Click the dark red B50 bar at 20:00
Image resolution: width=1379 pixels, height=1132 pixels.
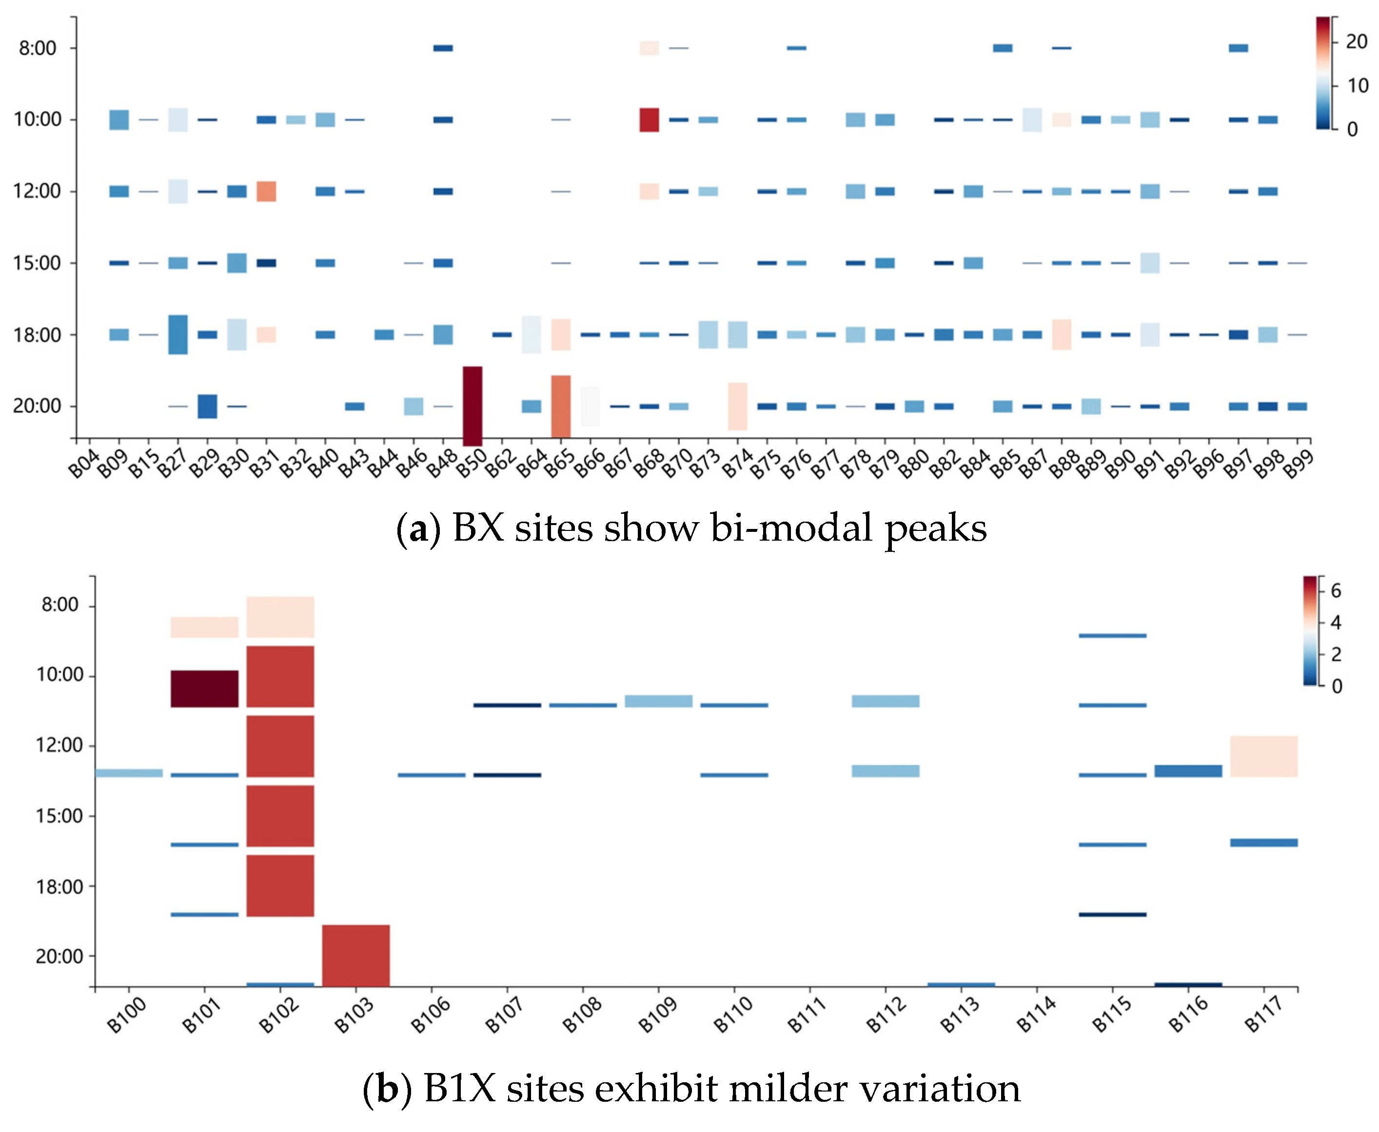point(473,406)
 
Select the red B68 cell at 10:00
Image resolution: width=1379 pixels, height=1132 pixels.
point(649,120)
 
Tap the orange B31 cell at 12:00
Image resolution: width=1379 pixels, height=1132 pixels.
point(266,191)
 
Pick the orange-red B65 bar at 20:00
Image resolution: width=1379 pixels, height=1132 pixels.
point(560,406)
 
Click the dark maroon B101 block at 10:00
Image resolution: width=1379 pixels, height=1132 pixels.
point(204,688)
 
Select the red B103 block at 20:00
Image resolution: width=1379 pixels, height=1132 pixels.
point(355,956)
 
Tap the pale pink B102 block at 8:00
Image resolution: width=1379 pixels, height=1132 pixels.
point(280,616)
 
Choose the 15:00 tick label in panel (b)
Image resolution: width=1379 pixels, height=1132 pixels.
point(59,816)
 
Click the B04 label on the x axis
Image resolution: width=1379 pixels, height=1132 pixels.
point(83,463)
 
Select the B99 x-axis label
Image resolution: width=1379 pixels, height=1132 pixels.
point(1298,463)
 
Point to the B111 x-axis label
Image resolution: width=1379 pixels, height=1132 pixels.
point(807,1015)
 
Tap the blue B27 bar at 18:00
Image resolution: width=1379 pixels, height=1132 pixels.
point(177,334)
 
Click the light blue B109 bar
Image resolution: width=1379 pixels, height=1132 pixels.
point(658,701)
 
